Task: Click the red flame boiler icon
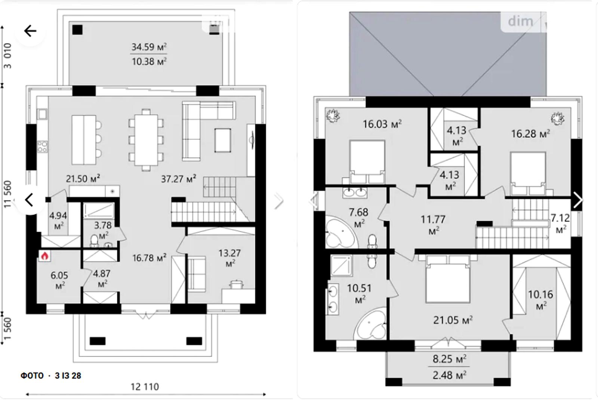44,256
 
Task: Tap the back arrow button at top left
30,31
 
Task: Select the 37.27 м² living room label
179,179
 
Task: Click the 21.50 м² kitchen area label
83,178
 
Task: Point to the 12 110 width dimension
145,387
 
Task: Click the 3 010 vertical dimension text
8,56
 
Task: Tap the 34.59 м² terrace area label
149,47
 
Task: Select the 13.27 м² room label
229,258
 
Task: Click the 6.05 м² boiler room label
59,280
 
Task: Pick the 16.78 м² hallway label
149,258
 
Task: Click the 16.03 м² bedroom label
382,124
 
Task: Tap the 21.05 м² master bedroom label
453,320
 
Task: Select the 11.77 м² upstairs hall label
433,225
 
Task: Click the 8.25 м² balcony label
449,359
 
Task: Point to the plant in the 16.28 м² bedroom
558,118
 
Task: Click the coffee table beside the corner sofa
223,140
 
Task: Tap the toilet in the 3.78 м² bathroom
94,241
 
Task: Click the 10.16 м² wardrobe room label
540,299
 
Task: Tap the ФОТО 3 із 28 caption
51,376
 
